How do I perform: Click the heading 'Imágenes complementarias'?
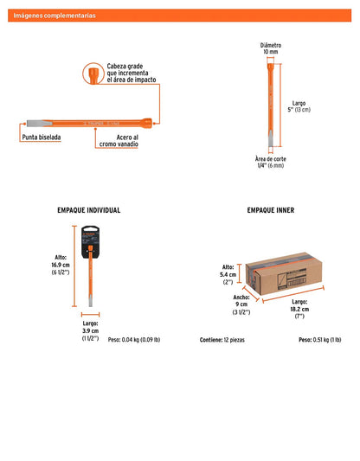(x=55, y=16)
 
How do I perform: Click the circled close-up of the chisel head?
(x=93, y=74)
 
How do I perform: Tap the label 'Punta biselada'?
(x=42, y=138)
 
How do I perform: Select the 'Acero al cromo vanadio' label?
(x=119, y=141)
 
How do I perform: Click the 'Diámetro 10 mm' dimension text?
(x=271, y=48)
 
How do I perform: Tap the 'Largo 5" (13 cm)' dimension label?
(x=299, y=106)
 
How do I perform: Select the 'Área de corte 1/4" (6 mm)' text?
(x=271, y=163)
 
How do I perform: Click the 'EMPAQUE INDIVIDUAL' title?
(x=89, y=210)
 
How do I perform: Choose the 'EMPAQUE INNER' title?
(x=271, y=210)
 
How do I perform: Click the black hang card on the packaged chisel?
(x=91, y=242)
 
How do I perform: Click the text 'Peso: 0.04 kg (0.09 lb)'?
(x=134, y=340)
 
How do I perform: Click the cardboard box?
(x=284, y=273)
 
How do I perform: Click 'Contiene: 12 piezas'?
(x=222, y=340)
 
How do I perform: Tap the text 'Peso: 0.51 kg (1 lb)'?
(x=320, y=340)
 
